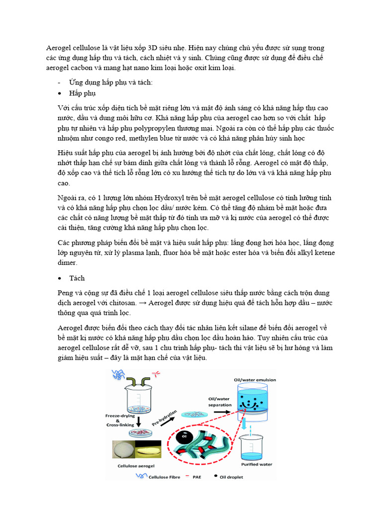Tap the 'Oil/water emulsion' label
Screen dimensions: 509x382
click(255, 380)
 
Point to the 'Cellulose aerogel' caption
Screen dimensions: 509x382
click(136, 466)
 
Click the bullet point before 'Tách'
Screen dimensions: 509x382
click(59, 278)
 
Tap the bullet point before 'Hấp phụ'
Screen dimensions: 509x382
click(59, 93)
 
